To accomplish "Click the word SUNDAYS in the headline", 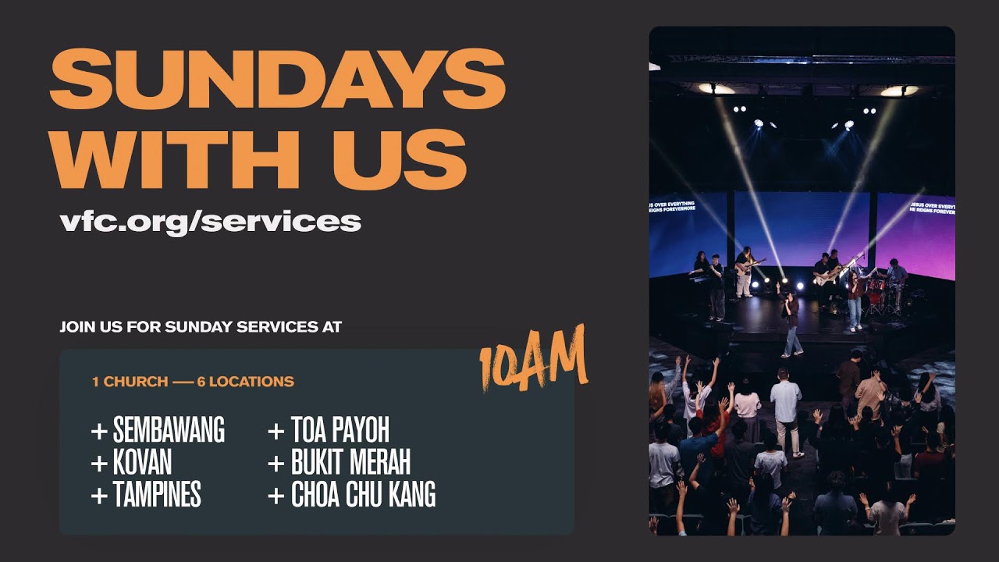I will coord(277,80).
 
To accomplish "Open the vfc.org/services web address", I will coord(210,221).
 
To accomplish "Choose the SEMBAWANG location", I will coord(169,430).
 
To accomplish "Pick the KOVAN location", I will coord(142,463).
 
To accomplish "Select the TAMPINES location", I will coord(157,495).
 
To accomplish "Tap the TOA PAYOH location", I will coord(340,430).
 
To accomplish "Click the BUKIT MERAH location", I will coord(350,463).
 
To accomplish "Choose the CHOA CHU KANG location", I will coord(363,495).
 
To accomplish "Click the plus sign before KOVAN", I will coord(99,464).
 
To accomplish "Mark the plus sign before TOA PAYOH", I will coord(276,431).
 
